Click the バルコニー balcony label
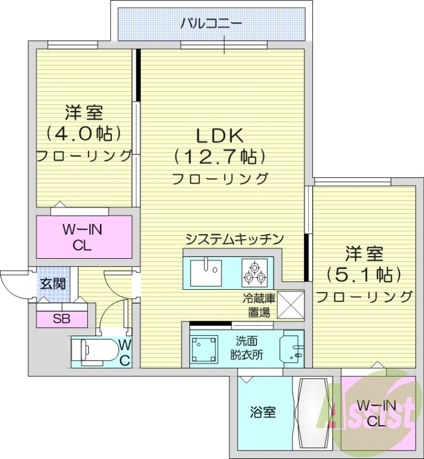[211, 24]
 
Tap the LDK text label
[220, 135]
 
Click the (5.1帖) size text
[364, 274]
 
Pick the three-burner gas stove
[254, 272]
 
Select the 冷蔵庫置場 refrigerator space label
[258, 305]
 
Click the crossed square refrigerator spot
[290, 304]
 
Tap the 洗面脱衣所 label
[247, 347]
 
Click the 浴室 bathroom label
[263, 412]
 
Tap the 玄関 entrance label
[52, 283]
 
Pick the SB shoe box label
[62, 319]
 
